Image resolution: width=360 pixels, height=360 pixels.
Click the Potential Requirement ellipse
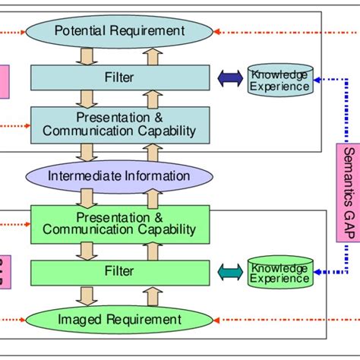pyautogui.click(x=120, y=31)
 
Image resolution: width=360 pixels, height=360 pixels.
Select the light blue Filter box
pyautogui.click(x=120, y=77)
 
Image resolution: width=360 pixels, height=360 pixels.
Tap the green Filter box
pyautogui.click(x=120, y=272)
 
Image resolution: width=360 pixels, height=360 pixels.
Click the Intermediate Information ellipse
pyautogui.click(x=120, y=176)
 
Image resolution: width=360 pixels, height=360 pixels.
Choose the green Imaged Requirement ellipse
pyautogui.click(x=120, y=320)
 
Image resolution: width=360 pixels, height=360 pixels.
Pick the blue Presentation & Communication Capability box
pyautogui.click(x=120, y=124)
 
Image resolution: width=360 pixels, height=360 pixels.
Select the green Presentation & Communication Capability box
pyautogui.click(x=120, y=223)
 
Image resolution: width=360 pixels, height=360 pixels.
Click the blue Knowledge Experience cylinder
pyautogui.click(x=279, y=80)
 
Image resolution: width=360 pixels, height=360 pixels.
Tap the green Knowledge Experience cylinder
pyautogui.click(x=279, y=272)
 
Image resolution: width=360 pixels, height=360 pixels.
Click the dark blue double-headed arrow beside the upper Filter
pyautogui.click(x=229, y=77)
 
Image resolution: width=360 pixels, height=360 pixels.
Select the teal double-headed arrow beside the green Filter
pyautogui.click(x=229, y=272)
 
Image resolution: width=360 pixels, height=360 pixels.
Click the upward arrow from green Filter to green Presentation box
pyautogui.click(x=152, y=250)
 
